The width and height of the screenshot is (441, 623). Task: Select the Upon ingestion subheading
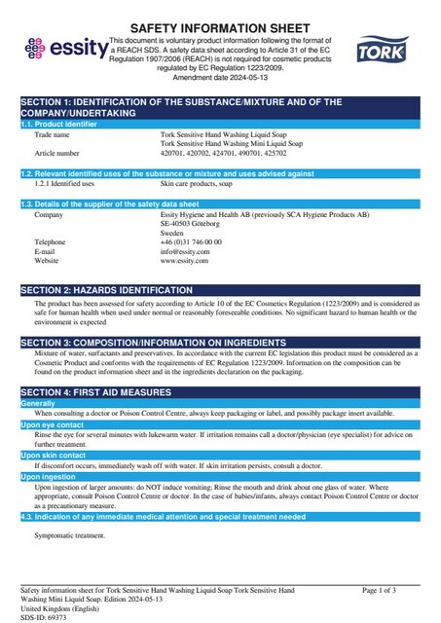pos(48,476)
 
